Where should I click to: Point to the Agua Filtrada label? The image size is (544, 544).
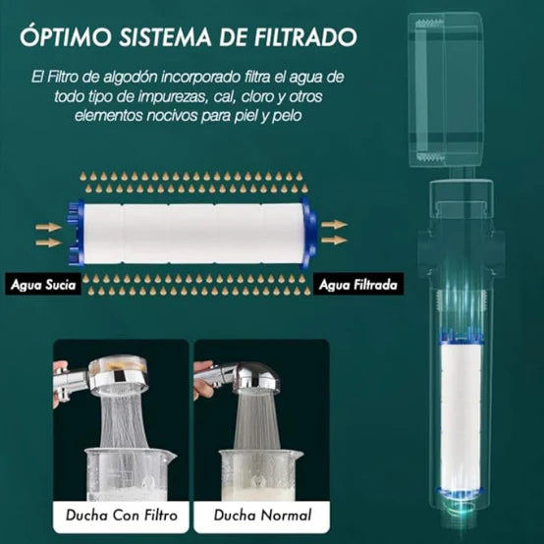[356, 285]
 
